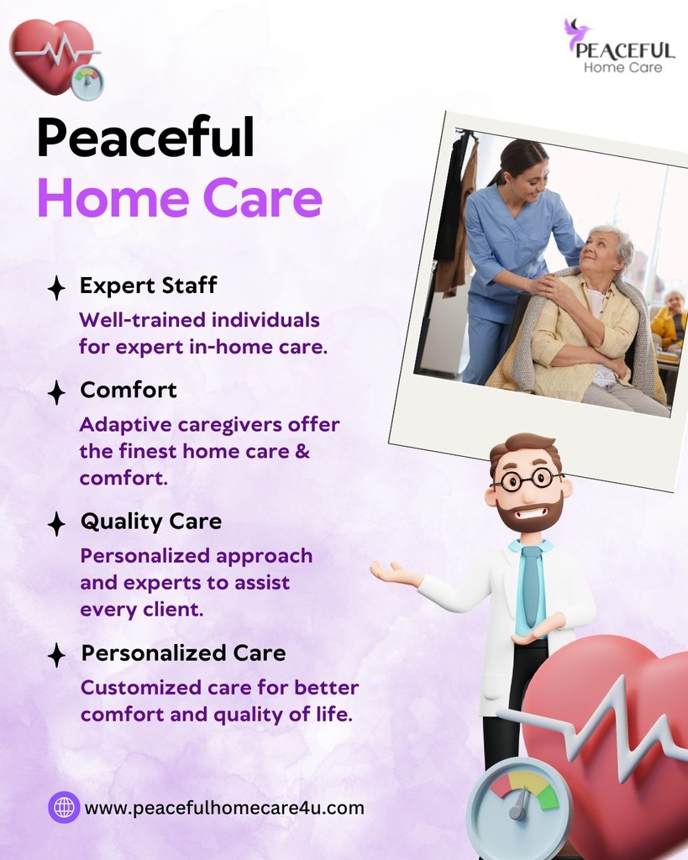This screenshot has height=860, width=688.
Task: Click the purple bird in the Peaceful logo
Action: point(575,34)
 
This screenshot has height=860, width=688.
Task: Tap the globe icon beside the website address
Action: point(64,807)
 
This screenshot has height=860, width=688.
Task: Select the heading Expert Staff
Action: point(148,286)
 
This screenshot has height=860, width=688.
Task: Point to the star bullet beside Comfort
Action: point(56,393)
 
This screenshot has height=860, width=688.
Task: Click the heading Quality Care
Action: point(151,522)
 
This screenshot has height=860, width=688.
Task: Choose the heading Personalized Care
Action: point(183,653)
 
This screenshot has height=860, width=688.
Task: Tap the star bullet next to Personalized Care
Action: point(56,655)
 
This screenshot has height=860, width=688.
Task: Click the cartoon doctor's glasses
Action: point(527,480)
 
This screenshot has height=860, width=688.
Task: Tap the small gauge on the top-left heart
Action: point(87,82)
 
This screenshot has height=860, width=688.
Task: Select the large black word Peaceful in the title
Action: point(146,137)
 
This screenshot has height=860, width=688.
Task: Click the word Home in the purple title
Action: point(113,197)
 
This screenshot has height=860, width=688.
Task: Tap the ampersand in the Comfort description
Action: point(302,451)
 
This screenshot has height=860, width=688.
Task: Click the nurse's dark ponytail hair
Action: point(513,158)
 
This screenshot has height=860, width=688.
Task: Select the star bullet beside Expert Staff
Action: point(56,288)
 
